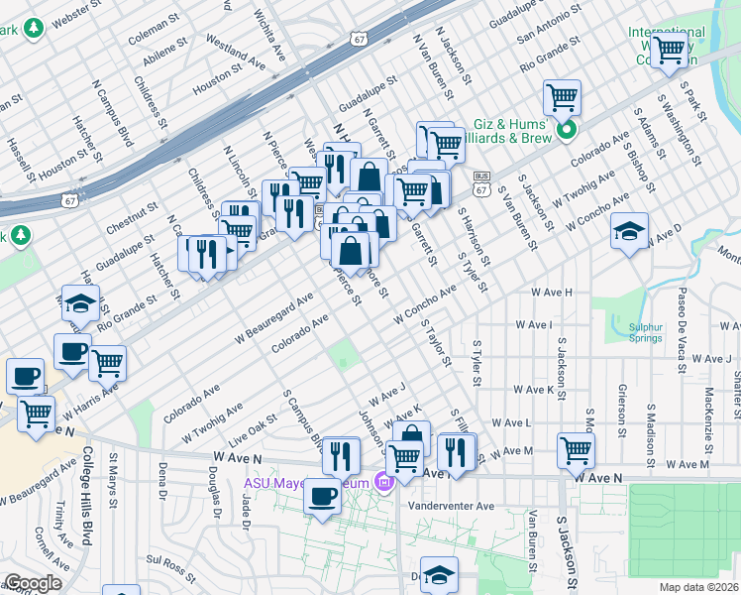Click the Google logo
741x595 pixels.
pos(32,583)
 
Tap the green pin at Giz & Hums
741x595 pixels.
pos(567,130)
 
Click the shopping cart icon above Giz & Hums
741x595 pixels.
pos(562,97)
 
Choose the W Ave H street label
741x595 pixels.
pos(553,293)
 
